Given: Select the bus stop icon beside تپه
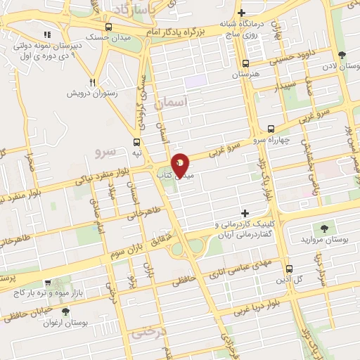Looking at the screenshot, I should point(136,141).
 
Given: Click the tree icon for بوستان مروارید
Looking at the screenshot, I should point(324,228).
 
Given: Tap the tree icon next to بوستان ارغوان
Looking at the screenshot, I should point(65,311).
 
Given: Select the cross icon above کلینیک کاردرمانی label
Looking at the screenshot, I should point(245,213).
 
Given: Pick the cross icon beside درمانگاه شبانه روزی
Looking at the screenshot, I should point(241,13).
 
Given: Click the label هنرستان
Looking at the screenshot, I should point(245,73).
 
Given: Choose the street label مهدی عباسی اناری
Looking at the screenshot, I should point(243,263).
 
